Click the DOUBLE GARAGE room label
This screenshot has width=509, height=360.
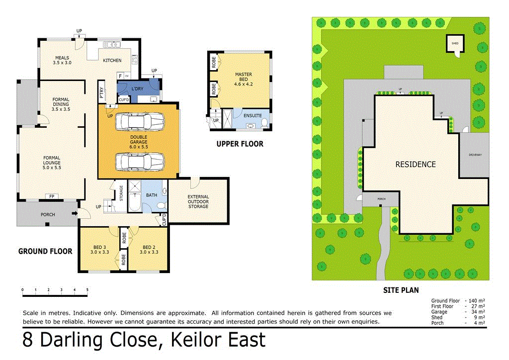139,141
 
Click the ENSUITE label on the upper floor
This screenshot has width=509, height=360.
252,115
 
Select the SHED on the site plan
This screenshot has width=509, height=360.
454,43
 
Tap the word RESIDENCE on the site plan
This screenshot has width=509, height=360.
415,165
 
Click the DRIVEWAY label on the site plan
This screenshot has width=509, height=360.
475,155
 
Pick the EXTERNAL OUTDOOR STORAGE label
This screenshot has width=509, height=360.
198,201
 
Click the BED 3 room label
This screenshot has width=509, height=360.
99,250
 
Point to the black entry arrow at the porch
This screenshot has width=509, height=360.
75,214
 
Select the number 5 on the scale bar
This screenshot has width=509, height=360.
87,289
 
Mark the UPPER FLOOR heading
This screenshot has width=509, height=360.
240,144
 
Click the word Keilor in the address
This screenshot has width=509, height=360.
198,341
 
